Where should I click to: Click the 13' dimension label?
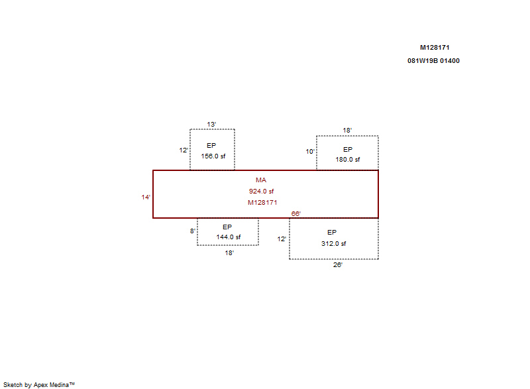211,125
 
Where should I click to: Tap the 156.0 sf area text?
213,156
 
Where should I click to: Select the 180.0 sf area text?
348,160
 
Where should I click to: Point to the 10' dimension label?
310,152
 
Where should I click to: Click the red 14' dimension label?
146,197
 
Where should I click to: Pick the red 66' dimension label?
296,213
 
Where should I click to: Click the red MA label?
261,180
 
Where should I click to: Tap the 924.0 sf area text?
261,192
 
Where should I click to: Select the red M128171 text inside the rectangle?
262,202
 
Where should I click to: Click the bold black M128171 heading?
435,48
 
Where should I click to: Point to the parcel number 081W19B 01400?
434,61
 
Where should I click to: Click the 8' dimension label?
193,231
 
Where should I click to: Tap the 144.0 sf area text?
229,237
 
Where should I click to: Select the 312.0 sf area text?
334,244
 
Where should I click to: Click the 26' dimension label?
338,265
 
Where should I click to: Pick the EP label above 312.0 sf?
332,233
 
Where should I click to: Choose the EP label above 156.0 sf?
211,146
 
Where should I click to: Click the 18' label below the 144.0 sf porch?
229,252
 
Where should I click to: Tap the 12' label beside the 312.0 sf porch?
282,239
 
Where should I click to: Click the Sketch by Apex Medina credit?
39,384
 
